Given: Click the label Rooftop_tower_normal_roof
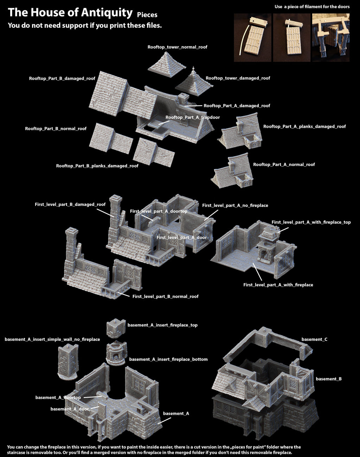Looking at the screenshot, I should point(177,47).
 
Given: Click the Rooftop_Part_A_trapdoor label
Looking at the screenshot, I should point(192,117).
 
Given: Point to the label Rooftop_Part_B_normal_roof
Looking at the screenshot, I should point(56,129).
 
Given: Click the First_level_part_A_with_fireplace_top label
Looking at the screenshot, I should point(311,222).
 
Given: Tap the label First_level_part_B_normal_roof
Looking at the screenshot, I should point(165,297).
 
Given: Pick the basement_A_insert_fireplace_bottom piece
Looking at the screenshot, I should point(116,353).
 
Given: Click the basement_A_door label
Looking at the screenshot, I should point(70,409).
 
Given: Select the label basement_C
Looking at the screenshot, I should point(314,339).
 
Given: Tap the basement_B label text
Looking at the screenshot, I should point(328,379).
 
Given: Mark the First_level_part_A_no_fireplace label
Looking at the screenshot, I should point(235,205).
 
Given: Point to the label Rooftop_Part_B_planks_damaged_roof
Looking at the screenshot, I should point(97,166).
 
